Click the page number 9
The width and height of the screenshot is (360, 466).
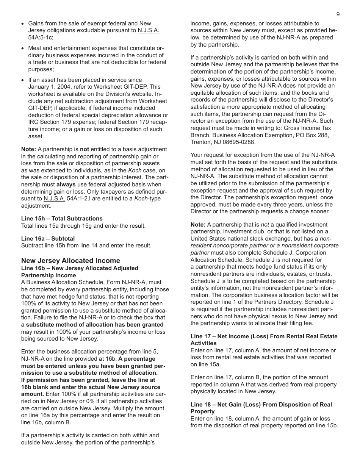click(338, 14)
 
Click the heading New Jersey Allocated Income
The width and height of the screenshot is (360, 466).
click(70, 261)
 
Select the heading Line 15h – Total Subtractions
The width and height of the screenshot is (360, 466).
click(62, 219)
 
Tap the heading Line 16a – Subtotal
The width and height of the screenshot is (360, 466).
click(48, 239)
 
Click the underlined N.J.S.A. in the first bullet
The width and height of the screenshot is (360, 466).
click(149, 31)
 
